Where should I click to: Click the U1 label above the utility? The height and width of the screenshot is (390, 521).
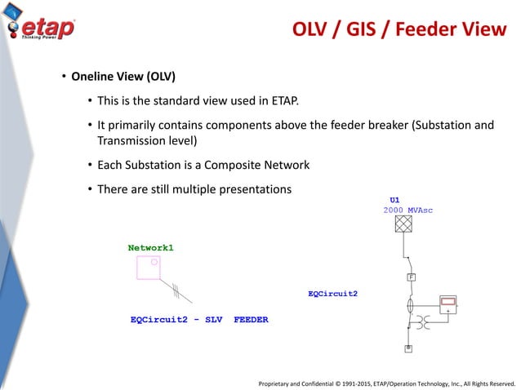pos(394,199)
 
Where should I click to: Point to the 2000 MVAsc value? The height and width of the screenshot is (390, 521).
pos(407,210)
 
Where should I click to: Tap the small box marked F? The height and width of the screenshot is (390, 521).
pos(412,277)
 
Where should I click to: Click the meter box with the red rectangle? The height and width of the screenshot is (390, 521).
pos(448,307)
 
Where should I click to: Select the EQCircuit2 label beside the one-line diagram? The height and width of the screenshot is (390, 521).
pos(332,292)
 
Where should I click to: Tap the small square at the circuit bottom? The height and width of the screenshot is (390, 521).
pos(408,348)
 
